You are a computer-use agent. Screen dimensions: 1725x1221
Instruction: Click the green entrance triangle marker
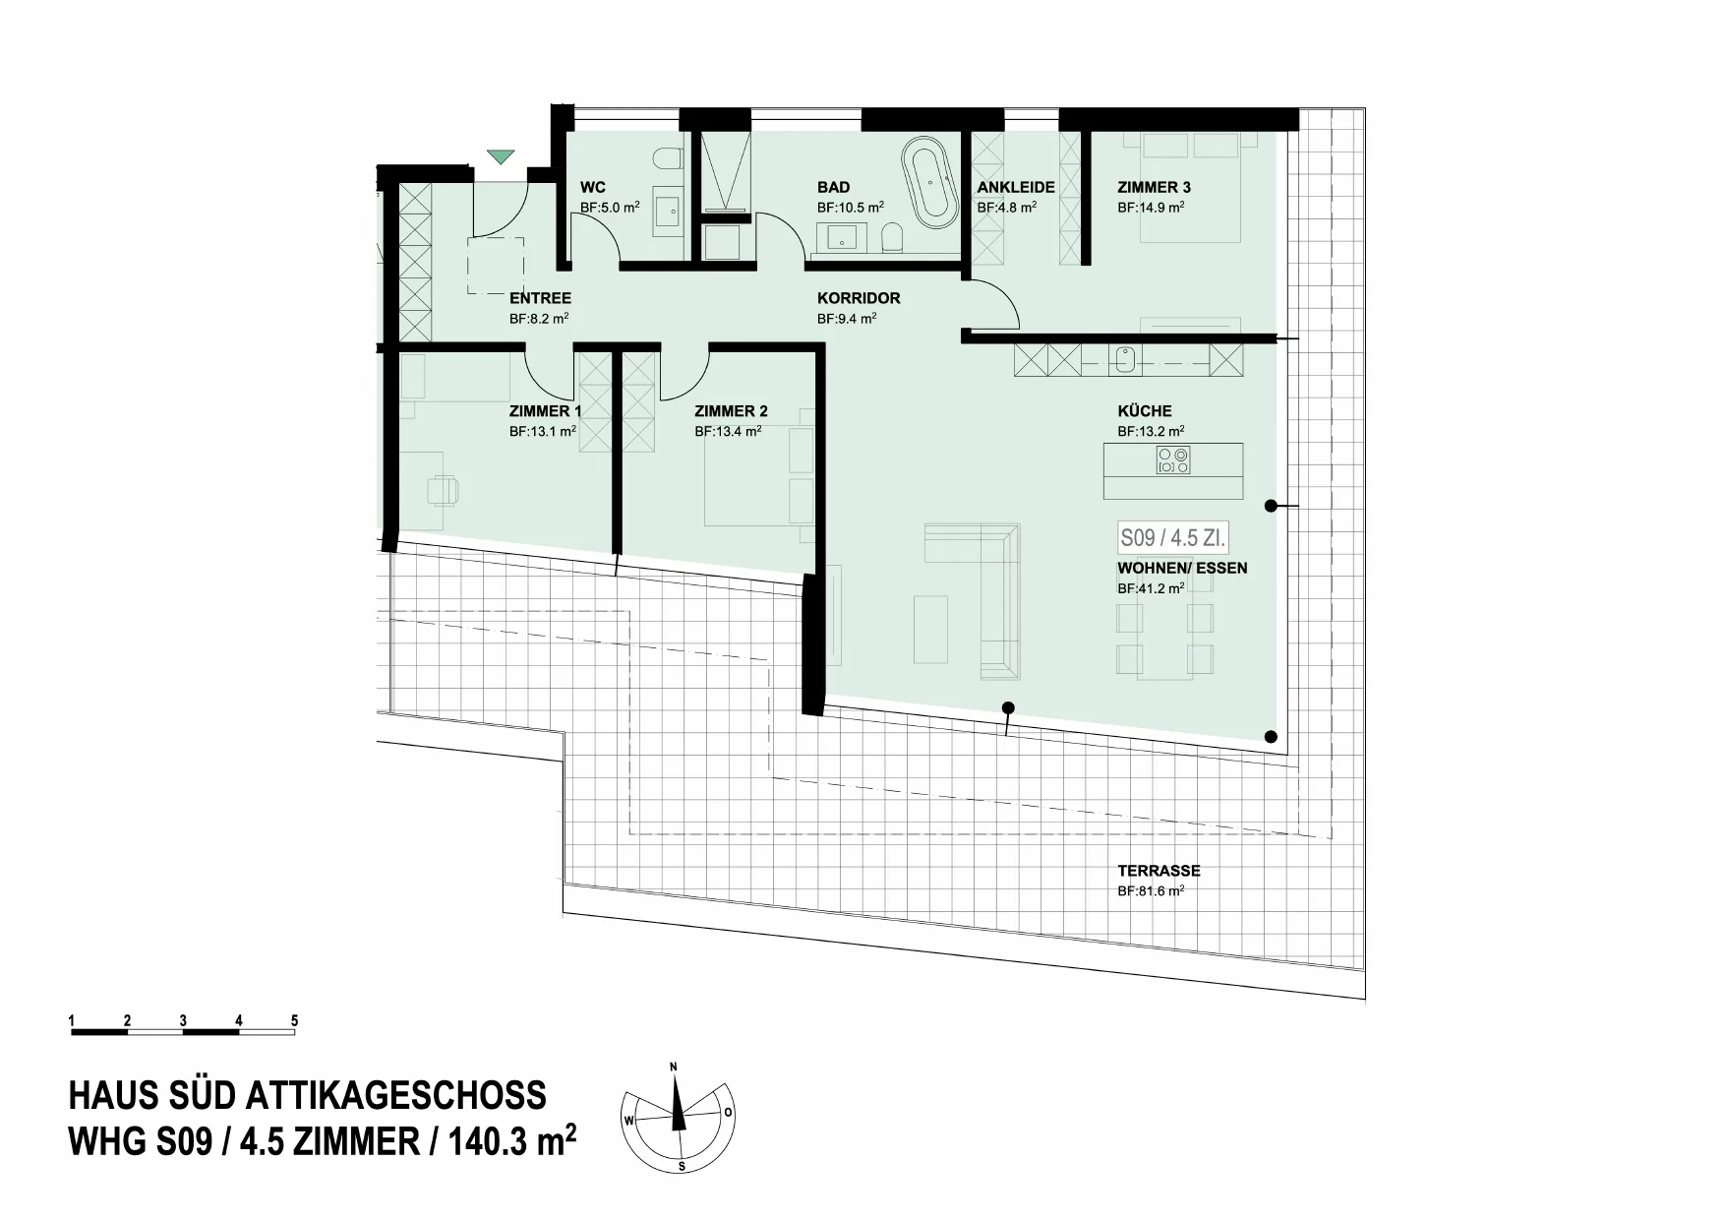pos(501,156)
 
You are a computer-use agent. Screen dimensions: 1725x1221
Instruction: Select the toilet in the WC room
pos(668,159)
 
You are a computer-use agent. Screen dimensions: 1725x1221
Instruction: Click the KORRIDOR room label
pos(859,298)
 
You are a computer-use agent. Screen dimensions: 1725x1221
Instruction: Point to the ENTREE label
pos(540,298)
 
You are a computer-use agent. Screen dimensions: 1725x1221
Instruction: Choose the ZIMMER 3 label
pos(1154,187)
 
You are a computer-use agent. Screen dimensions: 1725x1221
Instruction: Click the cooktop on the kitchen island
pos(1173,460)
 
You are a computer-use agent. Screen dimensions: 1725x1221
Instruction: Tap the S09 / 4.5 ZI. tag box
pos(1173,538)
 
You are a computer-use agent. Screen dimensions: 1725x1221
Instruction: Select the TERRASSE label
pos(1159,871)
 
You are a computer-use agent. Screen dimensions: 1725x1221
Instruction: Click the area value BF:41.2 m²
pos(1151,588)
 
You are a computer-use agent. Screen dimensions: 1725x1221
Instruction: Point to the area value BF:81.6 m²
pos(1151,891)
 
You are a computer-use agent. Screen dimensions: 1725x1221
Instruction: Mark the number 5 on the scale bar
pos(295,1021)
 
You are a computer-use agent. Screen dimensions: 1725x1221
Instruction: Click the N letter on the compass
pos(674,1067)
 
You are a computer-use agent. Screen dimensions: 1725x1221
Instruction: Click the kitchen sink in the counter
pos(1126,361)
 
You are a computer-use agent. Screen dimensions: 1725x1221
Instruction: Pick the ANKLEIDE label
pos(1016,187)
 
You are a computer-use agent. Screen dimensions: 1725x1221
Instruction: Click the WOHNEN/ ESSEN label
pos(1182,568)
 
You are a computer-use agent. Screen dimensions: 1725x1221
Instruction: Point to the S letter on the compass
pos(682,1167)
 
